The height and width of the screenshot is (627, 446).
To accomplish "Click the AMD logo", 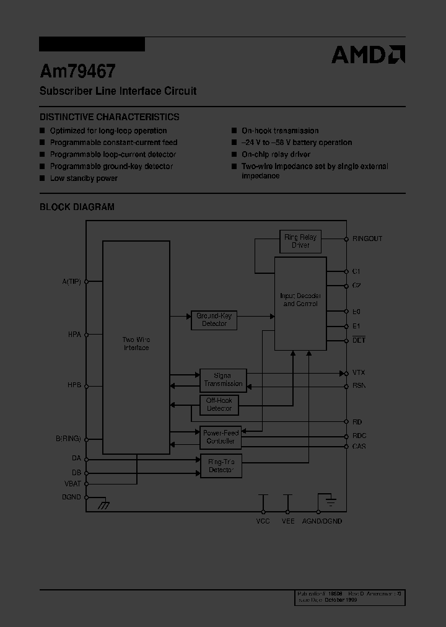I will click(x=368, y=55).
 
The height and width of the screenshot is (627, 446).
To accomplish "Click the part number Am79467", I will click(x=77, y=71).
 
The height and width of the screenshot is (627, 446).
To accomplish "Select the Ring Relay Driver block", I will click(x=300, y=242).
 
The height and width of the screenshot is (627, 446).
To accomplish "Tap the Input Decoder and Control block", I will click(x=300, y=300).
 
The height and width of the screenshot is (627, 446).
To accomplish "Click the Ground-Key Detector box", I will click(x=214, y=320).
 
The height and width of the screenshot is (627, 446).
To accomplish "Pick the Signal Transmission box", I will click(x=223, y=380).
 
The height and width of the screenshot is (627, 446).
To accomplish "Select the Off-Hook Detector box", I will click(x=219, y=405).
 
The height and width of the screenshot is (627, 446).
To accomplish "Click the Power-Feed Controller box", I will click(x=221, y=437).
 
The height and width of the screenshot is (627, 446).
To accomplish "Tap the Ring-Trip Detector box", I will click(x=221, y=466).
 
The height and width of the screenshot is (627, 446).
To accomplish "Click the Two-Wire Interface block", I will click(x=136, y=344).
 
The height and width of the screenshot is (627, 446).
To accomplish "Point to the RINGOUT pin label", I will click(x=367, y=239).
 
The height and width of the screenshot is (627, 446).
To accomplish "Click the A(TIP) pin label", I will click(x=72, y=281).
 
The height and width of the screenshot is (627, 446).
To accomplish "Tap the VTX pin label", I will click(x=359, y=373).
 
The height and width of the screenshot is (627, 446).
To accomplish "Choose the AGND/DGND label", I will click(x=322, y=522).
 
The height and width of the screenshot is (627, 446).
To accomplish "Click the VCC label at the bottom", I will click(x=263, y=522).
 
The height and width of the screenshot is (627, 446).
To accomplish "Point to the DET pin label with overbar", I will click(x=359, y=340).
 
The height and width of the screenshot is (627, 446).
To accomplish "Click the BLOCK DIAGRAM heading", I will click(x=77, y=207).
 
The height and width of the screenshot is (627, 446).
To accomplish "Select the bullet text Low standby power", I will click(x=84, y=178).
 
